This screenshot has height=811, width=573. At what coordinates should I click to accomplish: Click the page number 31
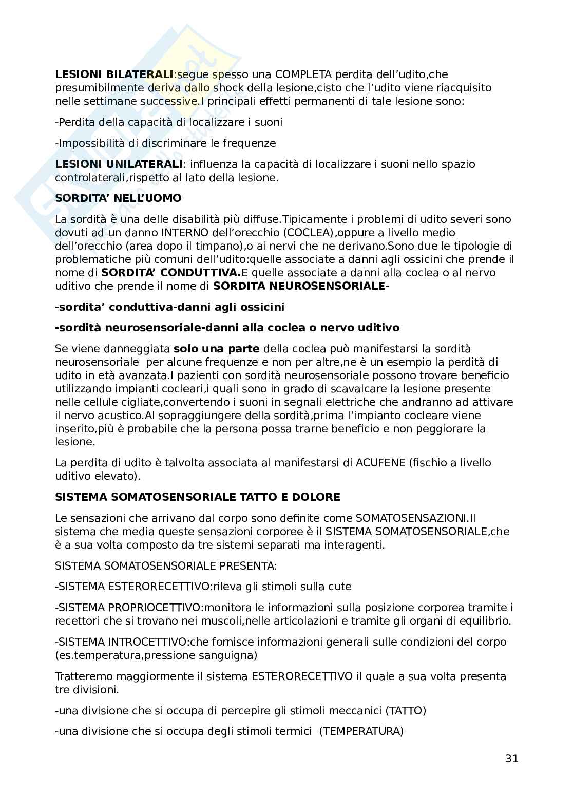[x=511, y=758]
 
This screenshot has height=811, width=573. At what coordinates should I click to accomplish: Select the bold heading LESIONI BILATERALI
[x=114, y=74]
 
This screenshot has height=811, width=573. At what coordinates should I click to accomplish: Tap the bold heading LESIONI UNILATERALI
[x=119, y=164]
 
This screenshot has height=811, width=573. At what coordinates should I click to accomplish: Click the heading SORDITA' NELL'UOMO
[x=118, y=198]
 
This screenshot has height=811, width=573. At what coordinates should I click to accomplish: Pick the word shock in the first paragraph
[x=241, y=88]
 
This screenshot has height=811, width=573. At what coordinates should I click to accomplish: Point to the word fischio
[x=430, y=463]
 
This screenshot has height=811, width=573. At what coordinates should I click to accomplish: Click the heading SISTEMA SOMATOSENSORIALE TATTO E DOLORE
[x=198, y=497]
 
